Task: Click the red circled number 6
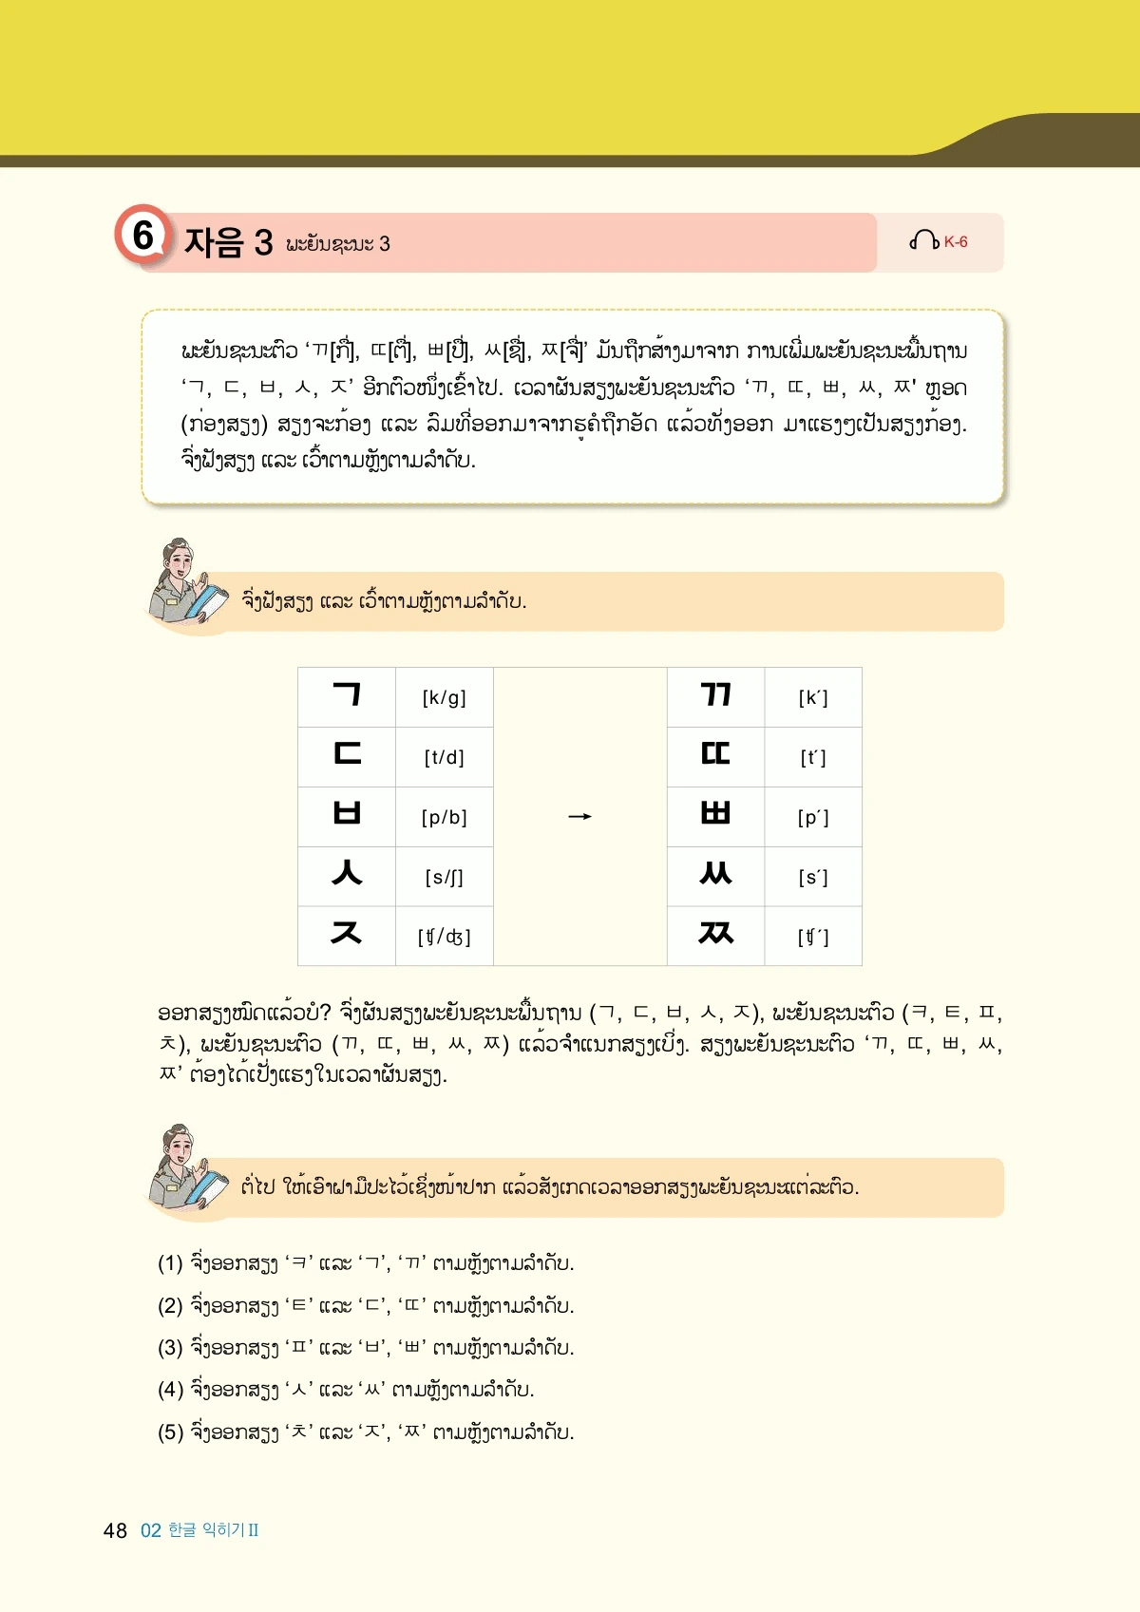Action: (x=142, y=235)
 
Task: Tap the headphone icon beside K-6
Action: (x=923, y=241)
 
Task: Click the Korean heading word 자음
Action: (x=214, y=243)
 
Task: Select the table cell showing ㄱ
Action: (x=347, y=696)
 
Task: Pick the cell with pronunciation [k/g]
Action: (x=444, y=698)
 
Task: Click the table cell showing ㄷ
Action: (x=347, y=756)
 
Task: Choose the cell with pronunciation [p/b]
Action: (x=444, y=817)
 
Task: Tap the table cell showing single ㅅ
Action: (x=347, y=875)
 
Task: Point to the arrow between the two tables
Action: (x=579, y=817)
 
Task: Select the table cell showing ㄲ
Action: (x=715, y=696)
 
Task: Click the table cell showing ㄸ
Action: (x=715, y=756)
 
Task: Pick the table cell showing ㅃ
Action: (x=715, y=816)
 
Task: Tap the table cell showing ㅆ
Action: (x=715, y=875)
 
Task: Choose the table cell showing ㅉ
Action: (x=715, y=935)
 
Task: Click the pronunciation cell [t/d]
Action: (x=444, y=758)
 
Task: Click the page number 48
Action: (x=115, y=1530)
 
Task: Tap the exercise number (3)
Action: (x=170, y=1348)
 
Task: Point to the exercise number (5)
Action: (x=170, y=1432)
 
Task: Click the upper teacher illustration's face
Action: (x=178, y=559)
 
